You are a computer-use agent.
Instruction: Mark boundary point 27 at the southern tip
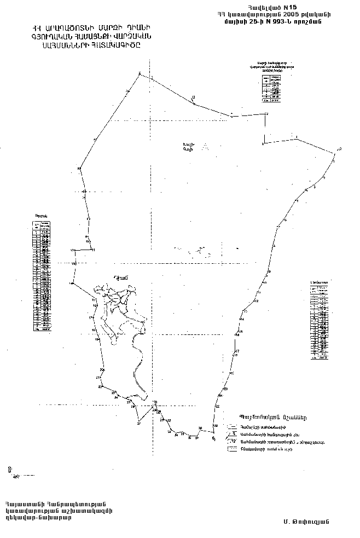coord(139,423)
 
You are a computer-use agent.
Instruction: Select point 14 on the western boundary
coord(71,284)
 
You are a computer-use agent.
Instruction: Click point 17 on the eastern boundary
coord(237,350)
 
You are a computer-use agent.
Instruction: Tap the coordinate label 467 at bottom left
coord(9,476)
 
